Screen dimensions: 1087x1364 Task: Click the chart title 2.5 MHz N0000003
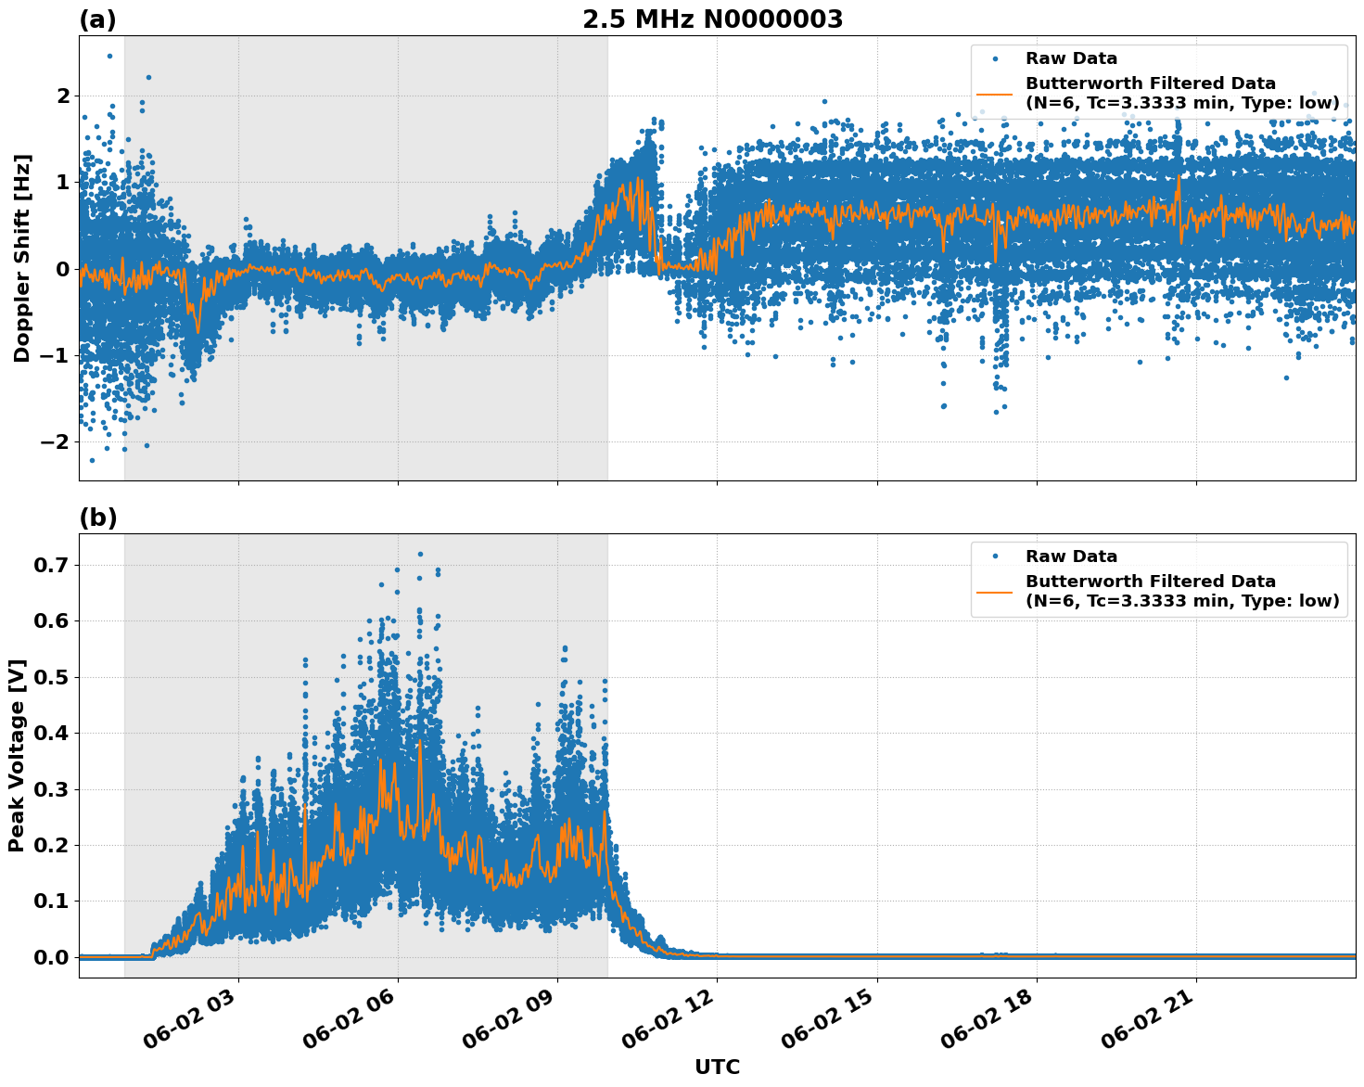(712, 19)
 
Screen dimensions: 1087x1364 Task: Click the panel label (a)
(97, 19)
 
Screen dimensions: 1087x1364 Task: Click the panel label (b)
(97, 518)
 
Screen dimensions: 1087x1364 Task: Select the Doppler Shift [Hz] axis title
(22, 258)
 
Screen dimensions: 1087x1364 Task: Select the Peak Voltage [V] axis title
(17, 756)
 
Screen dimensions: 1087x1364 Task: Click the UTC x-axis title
(717, 1067)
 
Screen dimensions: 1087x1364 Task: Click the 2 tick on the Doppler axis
(63, 96)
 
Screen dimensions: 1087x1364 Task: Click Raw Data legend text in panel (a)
(1071, 58)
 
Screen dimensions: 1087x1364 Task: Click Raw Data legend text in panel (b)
(1071, 556)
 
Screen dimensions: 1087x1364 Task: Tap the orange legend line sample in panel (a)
(994, 94)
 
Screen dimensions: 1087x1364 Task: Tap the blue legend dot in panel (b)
(995, 556)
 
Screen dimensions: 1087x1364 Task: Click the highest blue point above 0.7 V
(420, 554)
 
